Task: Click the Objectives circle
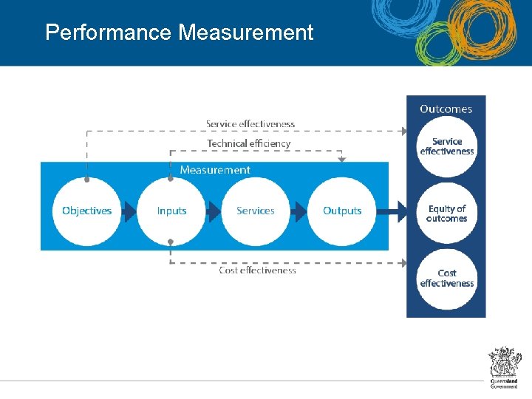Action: (87, 211)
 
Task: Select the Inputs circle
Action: (171, 211)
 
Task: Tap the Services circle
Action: (256, 211)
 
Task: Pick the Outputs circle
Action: (342, 211)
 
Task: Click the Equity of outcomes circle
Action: (447, 214)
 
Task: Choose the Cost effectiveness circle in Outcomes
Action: (447, 279)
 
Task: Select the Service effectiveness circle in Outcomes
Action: (447, 146)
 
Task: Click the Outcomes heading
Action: (446, 109)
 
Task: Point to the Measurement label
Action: (215, 170)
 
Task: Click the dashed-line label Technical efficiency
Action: (249, 143)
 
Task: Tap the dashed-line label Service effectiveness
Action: (250, 124)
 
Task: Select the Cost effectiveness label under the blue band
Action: (257, 270)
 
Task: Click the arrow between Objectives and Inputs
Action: (129, 212)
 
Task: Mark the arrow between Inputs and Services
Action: (214, 212)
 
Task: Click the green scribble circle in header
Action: (434, 46)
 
